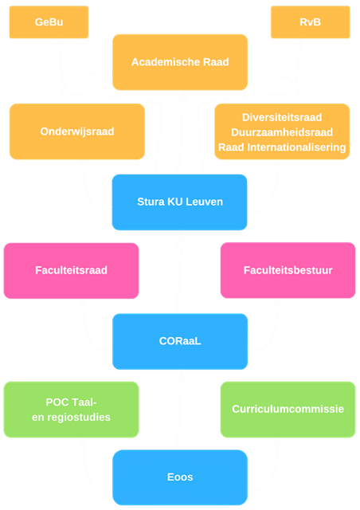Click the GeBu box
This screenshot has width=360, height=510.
pos(49,22)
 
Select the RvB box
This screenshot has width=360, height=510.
pos(311,22)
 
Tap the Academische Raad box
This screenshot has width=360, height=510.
pos(180,62)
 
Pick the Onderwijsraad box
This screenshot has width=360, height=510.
pos(77,131)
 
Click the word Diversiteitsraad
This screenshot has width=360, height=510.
pos(282,117)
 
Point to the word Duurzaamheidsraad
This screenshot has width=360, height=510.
pos(282,132)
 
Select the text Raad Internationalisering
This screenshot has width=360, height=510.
pos(282,147)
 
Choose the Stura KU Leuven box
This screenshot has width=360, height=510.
pos(179,202)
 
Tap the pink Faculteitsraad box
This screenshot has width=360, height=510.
pos(71,271)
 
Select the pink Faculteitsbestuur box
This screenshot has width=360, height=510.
pos(288,270)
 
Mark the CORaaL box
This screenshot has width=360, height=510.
pos(180,342)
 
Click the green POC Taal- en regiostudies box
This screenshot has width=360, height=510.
pos(71,410)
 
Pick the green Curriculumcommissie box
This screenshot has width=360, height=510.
pos(288,410)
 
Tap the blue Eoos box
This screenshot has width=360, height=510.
pos(180,477)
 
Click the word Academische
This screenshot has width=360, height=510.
pos(166,62)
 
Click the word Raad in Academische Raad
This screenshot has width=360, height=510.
pos(216,62)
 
